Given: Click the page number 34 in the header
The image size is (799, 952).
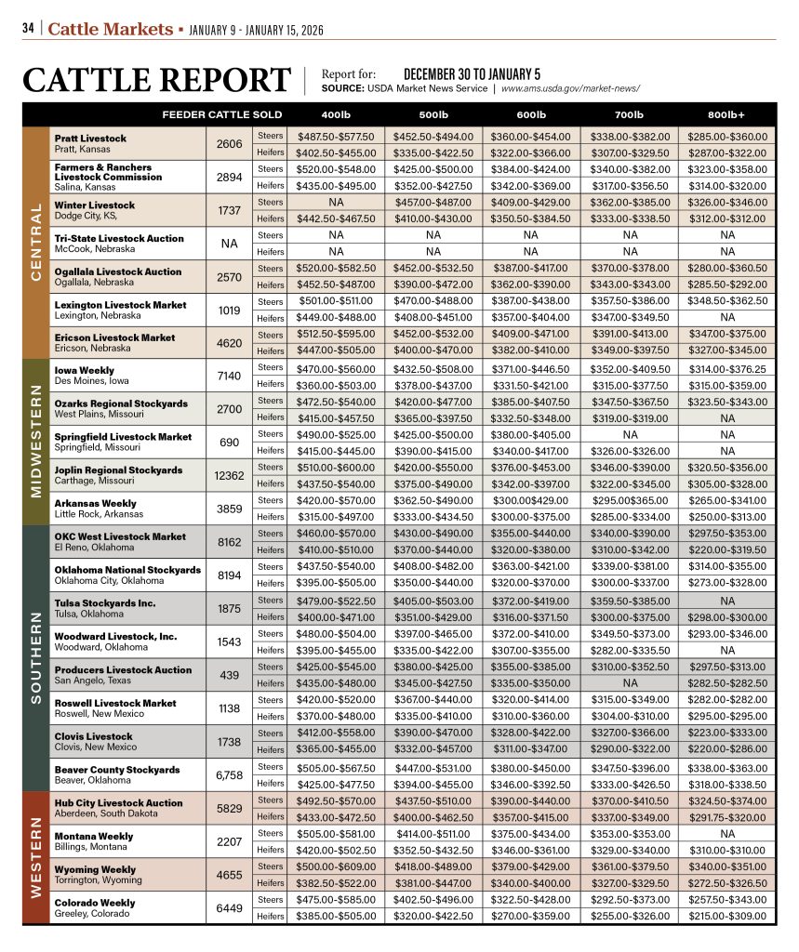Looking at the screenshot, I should click(x=28, y=28).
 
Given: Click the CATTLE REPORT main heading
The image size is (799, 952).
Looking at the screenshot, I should click(x=156, y=80).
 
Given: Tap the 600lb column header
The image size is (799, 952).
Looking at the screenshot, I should click(x=530, y=114).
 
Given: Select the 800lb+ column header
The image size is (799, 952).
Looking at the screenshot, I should click(x=726, y=114).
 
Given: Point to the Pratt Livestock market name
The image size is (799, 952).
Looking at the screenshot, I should click(x=90, y=138).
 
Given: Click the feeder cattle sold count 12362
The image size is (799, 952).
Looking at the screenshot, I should click(x=229, y=475).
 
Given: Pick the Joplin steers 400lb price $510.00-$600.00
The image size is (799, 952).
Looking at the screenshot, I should click(x=336, y=467).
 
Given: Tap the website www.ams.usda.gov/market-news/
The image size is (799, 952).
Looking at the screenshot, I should click(x=570, y=89).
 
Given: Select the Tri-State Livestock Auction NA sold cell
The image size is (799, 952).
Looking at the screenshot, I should click(x=229, y=244).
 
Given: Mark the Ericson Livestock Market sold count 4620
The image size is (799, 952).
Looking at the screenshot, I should click(x=229, y=342).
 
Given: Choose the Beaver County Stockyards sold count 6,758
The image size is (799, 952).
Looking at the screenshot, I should click(x=229, y=774).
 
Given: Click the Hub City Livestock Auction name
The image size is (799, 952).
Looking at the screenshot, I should click(x=118, y=802).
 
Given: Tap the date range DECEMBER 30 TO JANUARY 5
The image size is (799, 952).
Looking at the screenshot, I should click(x=472, y=73).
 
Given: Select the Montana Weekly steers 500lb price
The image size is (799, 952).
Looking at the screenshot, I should click(x=433, y=833).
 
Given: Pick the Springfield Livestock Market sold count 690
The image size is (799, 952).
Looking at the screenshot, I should click(x=229, y=442).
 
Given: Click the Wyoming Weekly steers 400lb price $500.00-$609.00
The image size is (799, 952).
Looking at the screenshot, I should click(x=336, y=866).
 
